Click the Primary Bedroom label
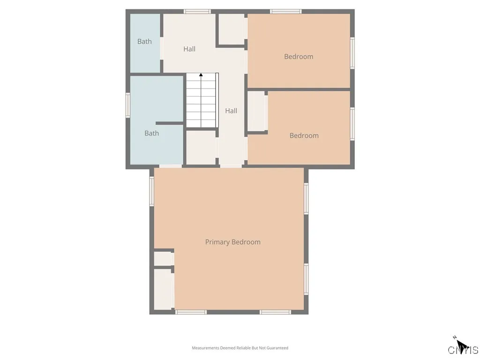(x=232, y=242)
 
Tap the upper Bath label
(x=144, y=41)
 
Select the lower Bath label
(x=152, y=133)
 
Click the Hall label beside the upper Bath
(x=189, y=49)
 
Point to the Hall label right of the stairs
(x=231, y=111)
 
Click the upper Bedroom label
(x=299, y=57)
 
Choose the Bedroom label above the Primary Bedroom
(x=304, y=135)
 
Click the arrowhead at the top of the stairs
(x=201, y=75)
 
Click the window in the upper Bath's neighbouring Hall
(x=197, y=12)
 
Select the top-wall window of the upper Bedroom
(x=285, y=12)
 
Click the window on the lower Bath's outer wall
(x=128, y=105)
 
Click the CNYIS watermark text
(x=463, y=350)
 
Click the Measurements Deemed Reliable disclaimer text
(x=240, y=348)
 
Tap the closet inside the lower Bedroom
(x=257, y=112)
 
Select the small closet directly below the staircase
(x=202, y=148)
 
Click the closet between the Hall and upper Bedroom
(x=232, y=29)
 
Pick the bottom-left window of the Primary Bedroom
(x=191, y=312)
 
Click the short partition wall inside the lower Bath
(x=170, y=123)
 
